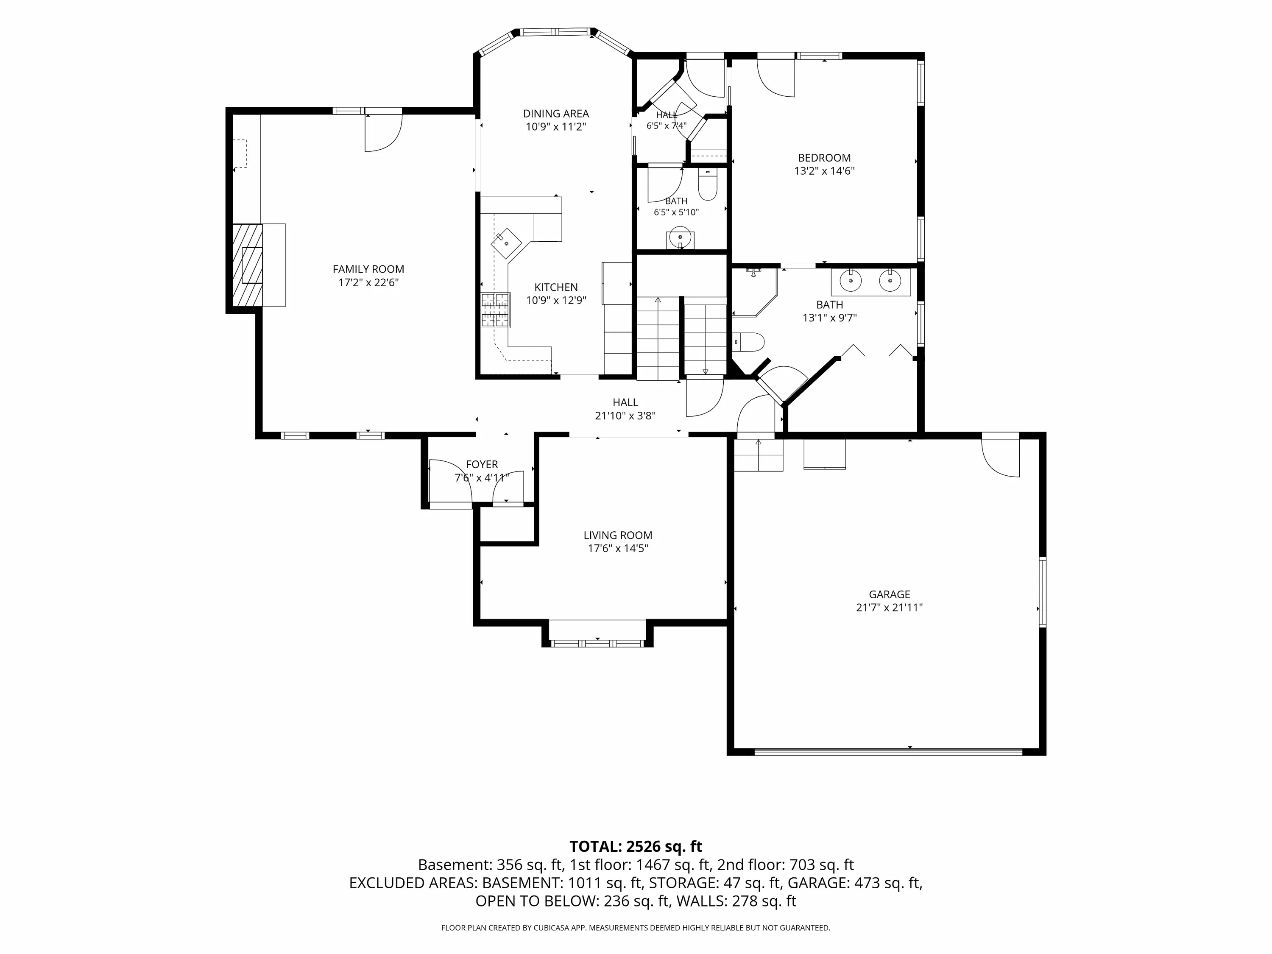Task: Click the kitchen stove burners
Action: [496, 310]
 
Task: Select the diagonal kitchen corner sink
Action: [506, 242]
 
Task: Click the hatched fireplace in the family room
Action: [247, 265]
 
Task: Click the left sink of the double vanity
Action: [851, 281]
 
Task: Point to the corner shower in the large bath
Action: [754, 292]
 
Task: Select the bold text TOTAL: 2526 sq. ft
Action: [636, 846]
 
